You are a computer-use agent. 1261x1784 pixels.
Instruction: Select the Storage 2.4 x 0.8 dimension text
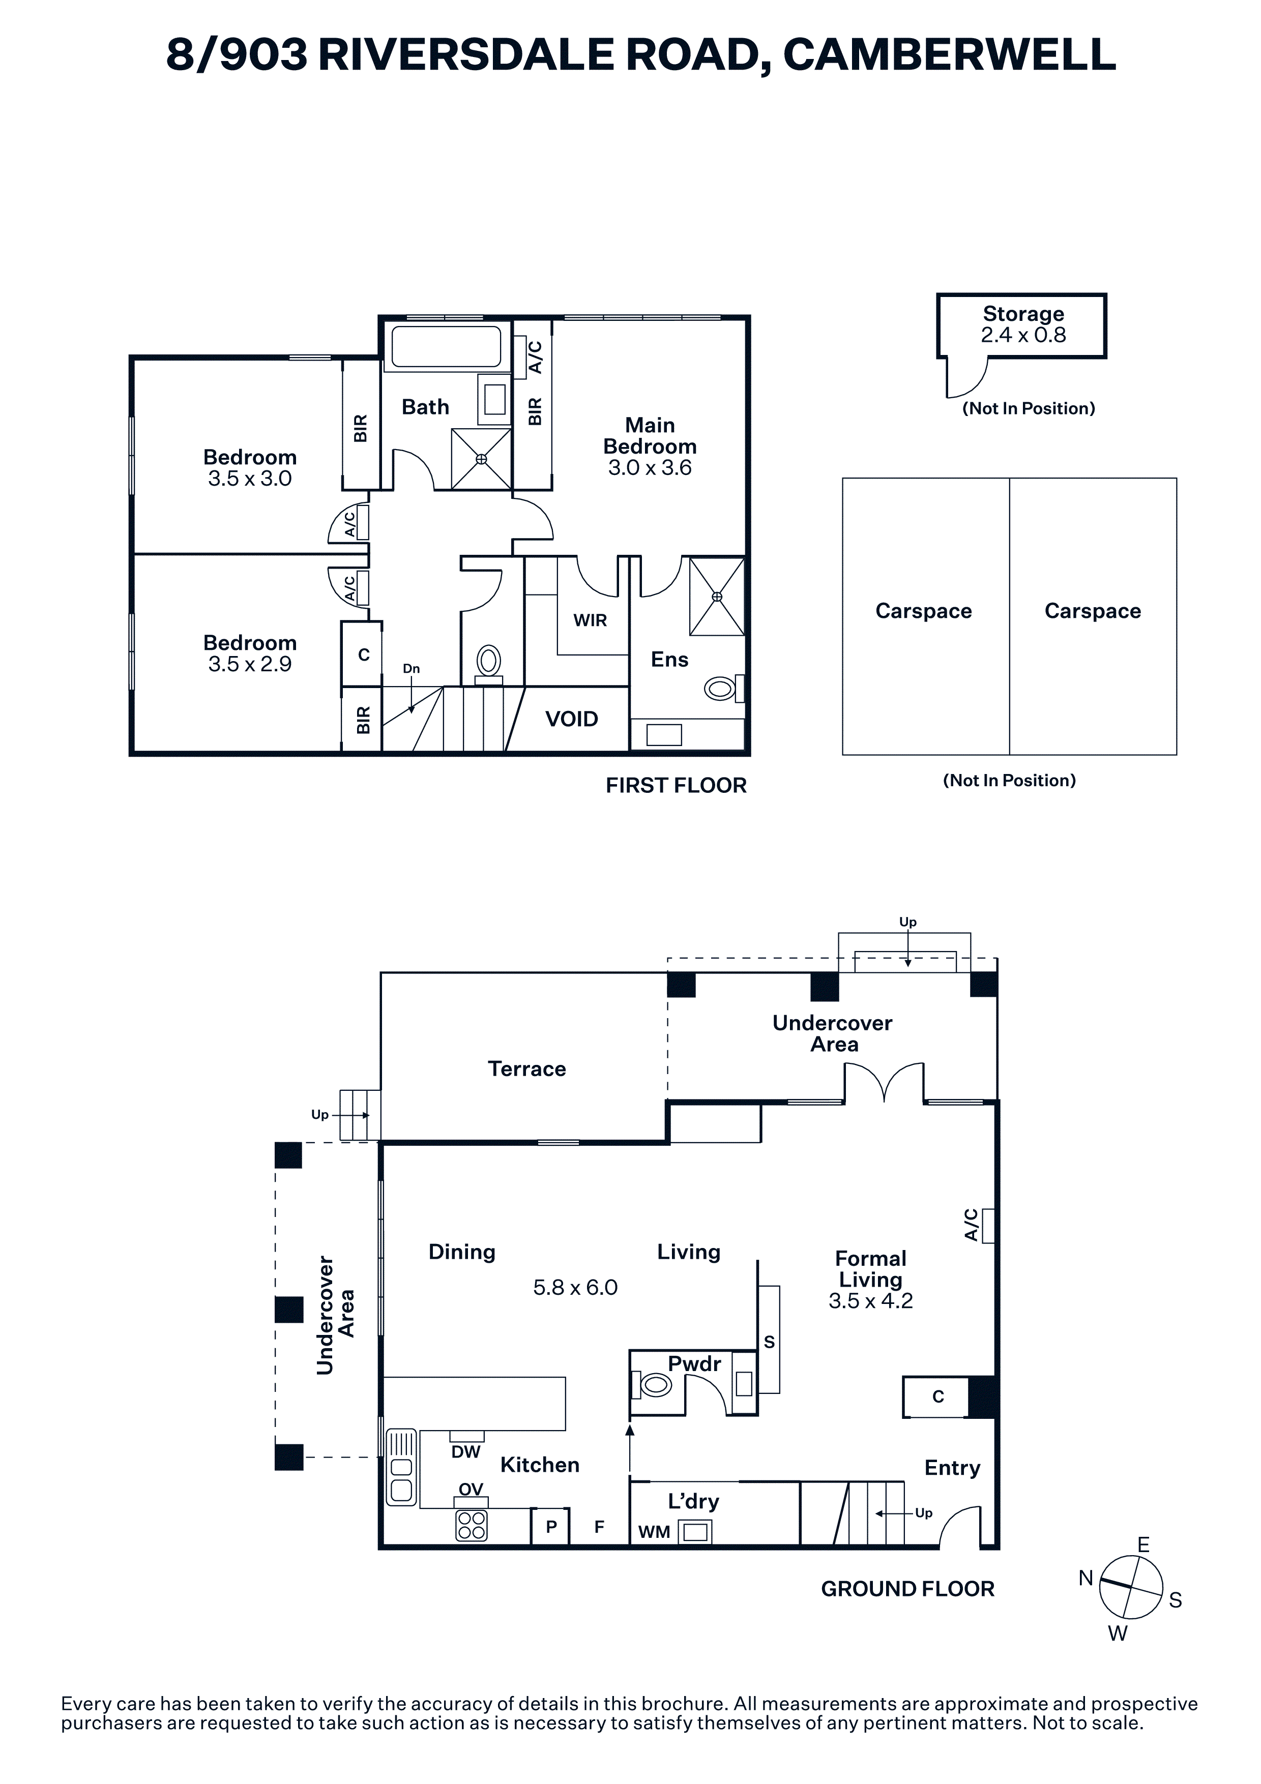click(1023, 335)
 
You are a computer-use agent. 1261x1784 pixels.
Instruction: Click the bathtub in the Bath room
click(446, 346)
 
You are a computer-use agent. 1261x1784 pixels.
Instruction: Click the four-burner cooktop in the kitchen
click(471, 1525)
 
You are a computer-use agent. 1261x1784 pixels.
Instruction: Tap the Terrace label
click(527, 1068)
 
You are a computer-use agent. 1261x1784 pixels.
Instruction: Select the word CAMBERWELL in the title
click(950, 55)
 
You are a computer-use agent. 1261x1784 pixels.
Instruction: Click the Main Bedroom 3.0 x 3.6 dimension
click(650, 468)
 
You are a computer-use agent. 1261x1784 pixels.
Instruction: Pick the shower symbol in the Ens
click(716, 597)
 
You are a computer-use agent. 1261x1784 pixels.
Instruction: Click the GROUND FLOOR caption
click(907, 1589)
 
